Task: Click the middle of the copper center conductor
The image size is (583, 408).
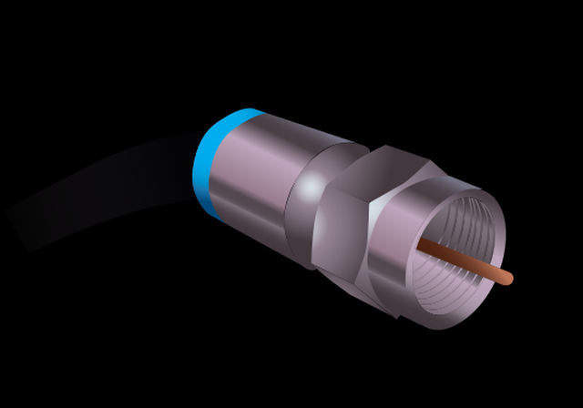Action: point(465,260)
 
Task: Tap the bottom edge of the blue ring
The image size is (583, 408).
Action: point(205,205)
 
